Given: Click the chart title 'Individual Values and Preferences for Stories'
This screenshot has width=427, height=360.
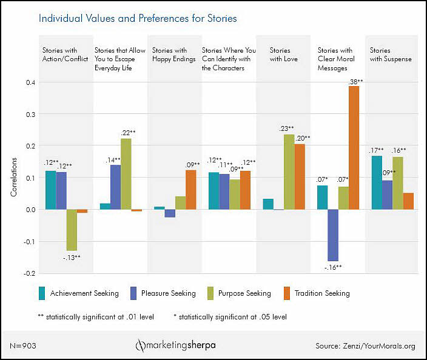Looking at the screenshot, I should (138, 18).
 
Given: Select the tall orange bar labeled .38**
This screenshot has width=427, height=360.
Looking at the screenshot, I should (354, 148).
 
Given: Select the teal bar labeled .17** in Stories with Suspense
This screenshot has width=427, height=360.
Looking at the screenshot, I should (377, 182).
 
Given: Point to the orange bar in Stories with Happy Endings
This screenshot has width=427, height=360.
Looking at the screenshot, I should (191, 190).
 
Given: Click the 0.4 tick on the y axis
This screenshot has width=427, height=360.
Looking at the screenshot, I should (26, 82).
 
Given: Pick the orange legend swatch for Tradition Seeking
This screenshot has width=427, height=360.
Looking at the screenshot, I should (286, 293).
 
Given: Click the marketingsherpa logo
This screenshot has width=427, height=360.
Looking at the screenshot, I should (175, 345).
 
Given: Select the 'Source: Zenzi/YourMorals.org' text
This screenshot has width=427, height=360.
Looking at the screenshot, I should (365, 346).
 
